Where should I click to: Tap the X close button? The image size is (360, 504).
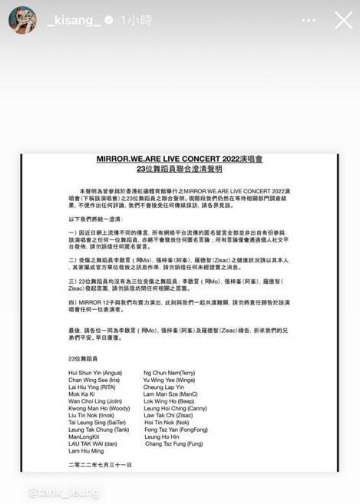click(x=343, y=20)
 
